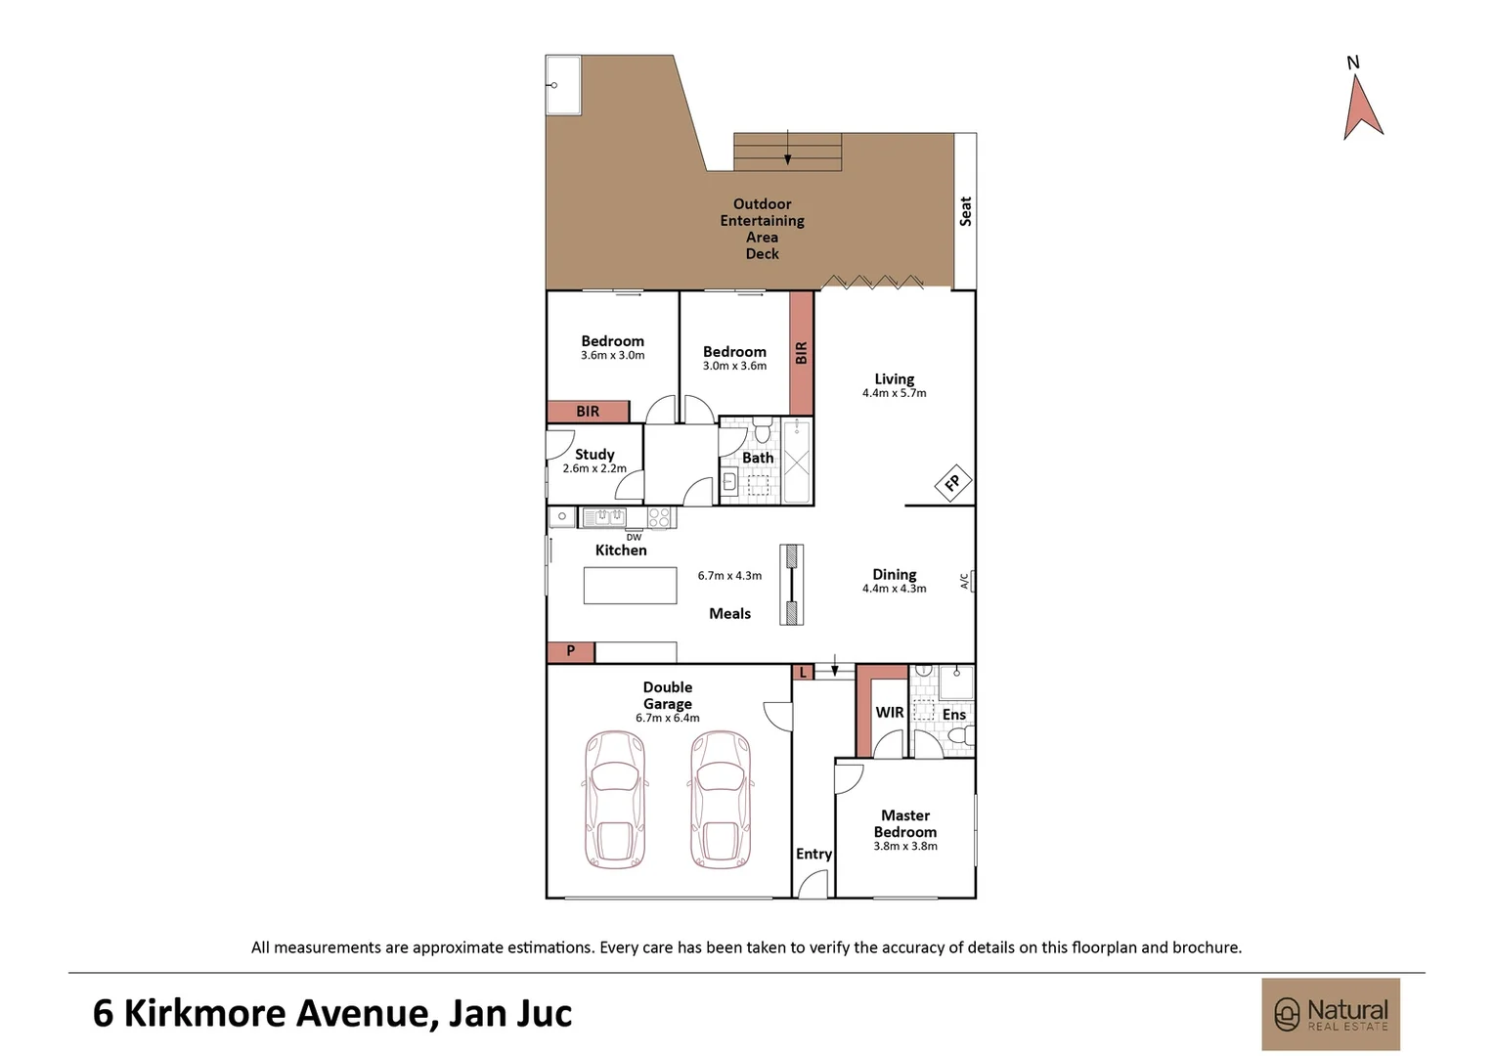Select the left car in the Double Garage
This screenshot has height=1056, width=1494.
(615, 800)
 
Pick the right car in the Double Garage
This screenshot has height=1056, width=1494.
(721, 800)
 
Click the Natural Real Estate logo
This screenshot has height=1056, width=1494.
(1331, 1014)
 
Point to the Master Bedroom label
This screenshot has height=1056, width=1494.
(905, 823)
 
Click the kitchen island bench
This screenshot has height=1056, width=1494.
(631, 586)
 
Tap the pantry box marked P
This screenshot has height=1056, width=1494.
(571, 651)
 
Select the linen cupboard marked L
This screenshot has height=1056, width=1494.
(803, 672)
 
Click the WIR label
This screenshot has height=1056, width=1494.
(890, 713)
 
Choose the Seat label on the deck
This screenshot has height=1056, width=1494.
(966, 211)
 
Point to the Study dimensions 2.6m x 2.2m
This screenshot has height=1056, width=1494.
(594, 468)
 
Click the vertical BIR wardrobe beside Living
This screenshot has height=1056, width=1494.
(802, 353)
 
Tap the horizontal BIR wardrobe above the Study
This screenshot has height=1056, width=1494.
(588, 412)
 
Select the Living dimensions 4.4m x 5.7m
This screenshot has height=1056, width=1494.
(895, 393)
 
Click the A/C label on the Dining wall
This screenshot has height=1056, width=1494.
(965, 582)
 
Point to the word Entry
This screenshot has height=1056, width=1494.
(813, 854)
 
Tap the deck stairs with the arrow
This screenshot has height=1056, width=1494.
(788, 153)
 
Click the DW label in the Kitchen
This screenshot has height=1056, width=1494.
(635, 537)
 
